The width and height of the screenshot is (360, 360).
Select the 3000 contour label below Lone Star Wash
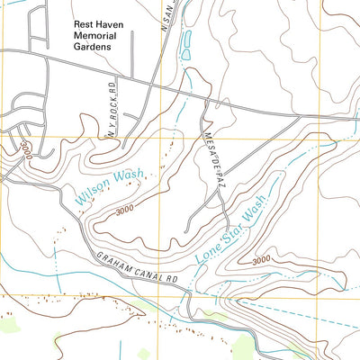(x=261, y=259)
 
